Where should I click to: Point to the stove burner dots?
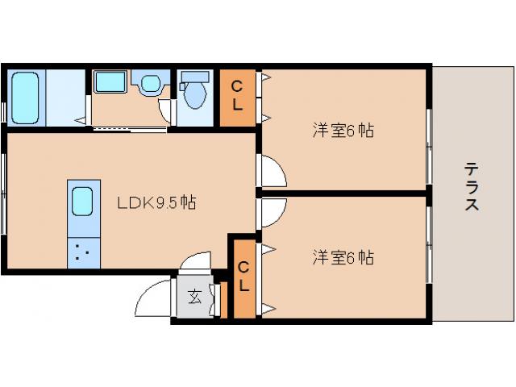pyautogui.click(x=83, y=252)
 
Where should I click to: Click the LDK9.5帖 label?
pyautogui.click(x=156, y=202)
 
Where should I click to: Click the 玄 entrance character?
pyautogui.click(x=195, y=297)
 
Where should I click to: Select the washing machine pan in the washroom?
pyautogui.click(x=108, y=81)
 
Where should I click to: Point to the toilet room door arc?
pyautogui.click(x=165, y=112)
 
